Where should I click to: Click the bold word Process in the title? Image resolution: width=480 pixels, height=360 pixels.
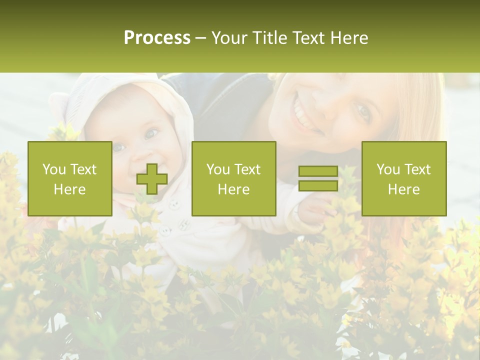[x=157, y=38]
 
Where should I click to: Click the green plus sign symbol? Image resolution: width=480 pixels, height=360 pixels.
[x=152, y=179]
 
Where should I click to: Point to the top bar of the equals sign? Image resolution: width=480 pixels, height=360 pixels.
[x=318, y=171]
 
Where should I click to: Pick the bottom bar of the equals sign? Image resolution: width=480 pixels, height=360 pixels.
[x=318, y=186]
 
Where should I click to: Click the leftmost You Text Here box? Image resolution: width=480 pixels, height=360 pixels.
[x=70, y=178]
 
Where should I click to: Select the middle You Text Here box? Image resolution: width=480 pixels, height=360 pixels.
[x=233, y=178]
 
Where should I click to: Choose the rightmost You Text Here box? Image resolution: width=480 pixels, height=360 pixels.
[x=404, y=178]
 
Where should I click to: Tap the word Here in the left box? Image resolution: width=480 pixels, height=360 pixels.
[x=69, y=189]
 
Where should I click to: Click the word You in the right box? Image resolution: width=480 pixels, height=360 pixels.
[x=388, y=169]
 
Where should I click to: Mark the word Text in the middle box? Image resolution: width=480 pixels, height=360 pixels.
[x=247, y=169]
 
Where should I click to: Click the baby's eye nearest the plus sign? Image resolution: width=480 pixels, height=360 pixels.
[x=151, y=134]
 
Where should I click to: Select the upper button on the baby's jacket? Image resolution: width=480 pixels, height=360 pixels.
[x=173, y=204]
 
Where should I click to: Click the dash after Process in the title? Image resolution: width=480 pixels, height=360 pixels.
[x=200, y=38]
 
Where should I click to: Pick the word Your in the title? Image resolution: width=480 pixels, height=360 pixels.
[x=229, y=38]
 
